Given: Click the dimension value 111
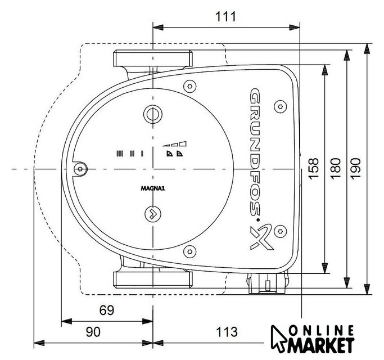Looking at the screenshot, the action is point(225,17).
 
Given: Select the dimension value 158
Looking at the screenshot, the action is point(314,169).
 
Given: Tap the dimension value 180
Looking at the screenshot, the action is point(336,169).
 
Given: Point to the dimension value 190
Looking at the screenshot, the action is point(355,169).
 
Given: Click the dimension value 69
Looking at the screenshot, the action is point(107,310).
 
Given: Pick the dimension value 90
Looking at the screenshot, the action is point(93,332).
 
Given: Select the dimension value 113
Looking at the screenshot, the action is point(227,332).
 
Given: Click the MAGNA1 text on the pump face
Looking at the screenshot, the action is point(153,188).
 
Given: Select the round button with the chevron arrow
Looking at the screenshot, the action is point(153,214).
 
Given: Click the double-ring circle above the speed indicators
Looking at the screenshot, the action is point(153,114).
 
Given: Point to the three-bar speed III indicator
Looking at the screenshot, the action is point(120,154).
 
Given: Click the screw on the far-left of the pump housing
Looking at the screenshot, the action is point(80,169).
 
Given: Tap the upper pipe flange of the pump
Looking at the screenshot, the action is point(153,58).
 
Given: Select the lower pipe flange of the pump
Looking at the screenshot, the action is point(153,280).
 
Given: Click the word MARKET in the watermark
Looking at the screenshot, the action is point(321,345).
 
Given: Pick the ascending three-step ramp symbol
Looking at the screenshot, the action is point(175,143).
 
